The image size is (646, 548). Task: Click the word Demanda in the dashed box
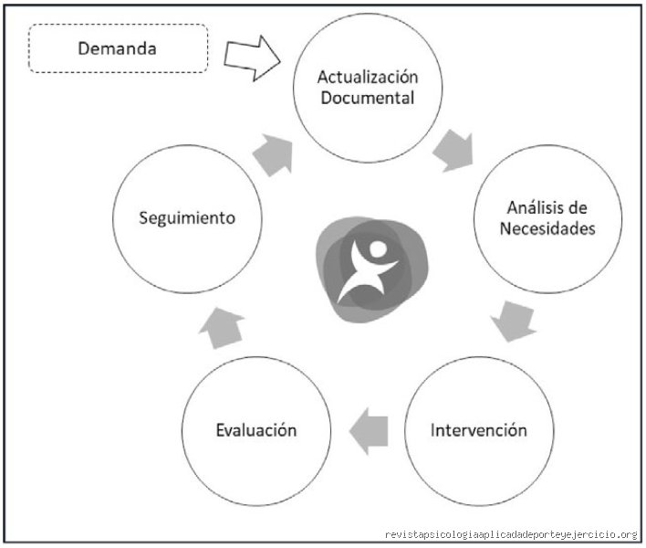pos(117,48)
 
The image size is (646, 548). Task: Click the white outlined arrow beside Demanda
pos(252,58)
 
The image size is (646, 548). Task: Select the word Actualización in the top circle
pos(368,77)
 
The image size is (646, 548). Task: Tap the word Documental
pos(368,98)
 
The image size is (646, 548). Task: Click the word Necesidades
pos(547,228)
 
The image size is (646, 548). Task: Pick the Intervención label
pos(479,430)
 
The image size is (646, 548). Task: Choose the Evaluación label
pos(256,430)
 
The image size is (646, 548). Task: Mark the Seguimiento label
pos(187,218)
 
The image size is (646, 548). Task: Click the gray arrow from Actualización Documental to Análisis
pos(454,152)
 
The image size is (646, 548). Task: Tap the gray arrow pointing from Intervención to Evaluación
pos(369,431)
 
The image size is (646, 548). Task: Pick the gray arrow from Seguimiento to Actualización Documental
pos(274,155)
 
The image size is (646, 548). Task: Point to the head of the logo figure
pos(378,249)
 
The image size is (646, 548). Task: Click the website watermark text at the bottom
pos(511,535)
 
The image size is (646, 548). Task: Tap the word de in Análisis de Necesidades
pos(578,207)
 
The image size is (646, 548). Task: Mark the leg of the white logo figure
pos(350,290)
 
